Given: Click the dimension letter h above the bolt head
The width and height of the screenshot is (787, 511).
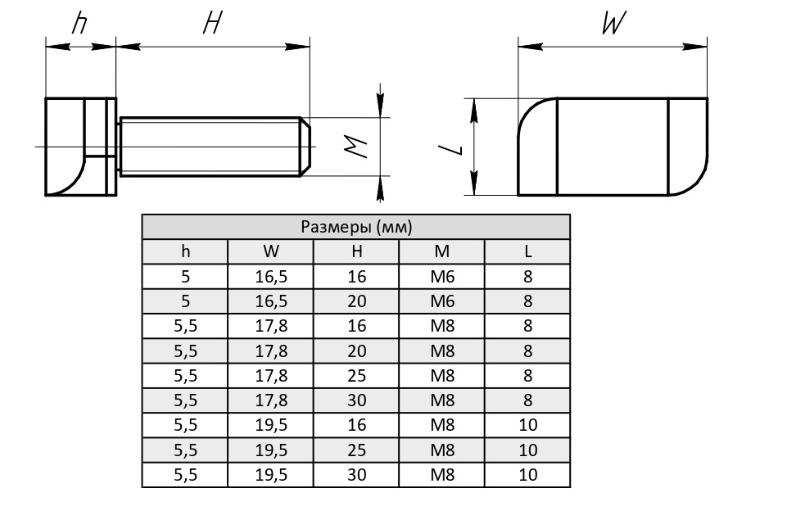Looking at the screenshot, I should click(79, 24).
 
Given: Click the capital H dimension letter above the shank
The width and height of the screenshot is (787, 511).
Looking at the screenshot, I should click(212, 25).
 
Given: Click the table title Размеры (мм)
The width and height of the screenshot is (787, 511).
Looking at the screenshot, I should click(356, 227).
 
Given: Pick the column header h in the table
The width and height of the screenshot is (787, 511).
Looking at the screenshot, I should click(185, 251).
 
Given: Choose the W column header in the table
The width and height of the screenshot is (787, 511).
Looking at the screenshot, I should click(271, 251).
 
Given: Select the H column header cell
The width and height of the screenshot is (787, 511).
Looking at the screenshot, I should click(356, 251).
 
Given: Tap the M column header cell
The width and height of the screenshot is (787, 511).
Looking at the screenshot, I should click(442, 251).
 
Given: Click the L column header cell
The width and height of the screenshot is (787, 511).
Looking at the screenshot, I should click(527, 251).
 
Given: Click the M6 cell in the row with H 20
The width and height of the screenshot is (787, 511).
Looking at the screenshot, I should click(442, 301).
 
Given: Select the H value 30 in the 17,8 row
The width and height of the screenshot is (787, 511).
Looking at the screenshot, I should click(356, 400).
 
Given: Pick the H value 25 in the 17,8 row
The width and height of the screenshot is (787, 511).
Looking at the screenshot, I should click(356, 376).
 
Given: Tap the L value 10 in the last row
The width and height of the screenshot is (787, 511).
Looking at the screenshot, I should click(527, 475).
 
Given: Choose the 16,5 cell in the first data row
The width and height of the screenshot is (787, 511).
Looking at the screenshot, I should click(271, 276).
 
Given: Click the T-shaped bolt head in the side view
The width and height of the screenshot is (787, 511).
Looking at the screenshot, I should click(80, 147).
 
